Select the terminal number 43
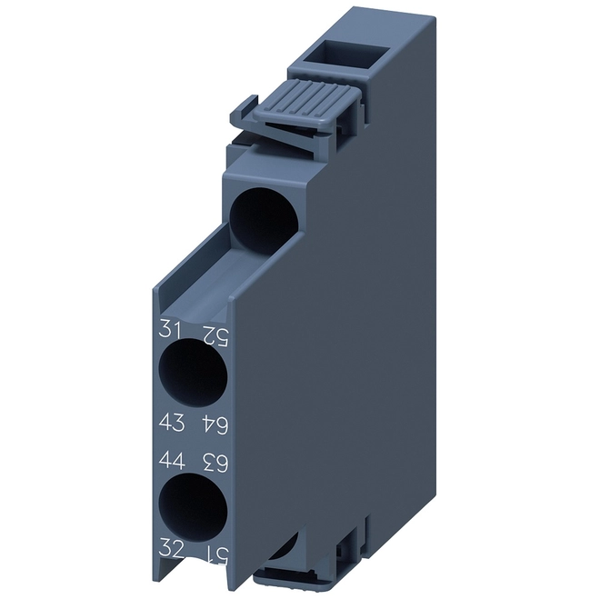pyautogui.click(x=172, y=423)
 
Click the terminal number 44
pyautogui.click(x=172, y=461)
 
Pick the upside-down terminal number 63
pyautogui.click(x=215, y=464)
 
